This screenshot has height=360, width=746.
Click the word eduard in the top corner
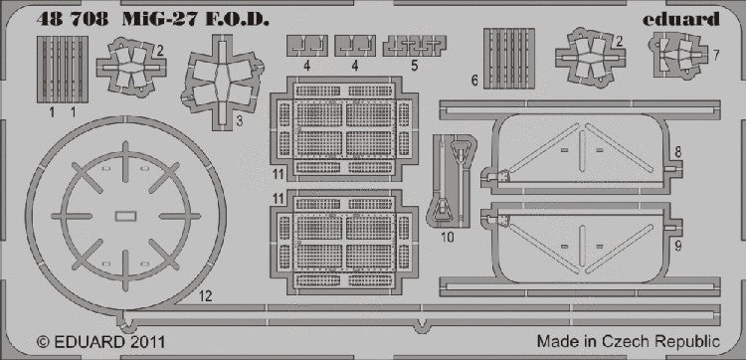[680, 19]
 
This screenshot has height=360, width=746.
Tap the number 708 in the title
[90, 19]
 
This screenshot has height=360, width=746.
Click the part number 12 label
[206, 296]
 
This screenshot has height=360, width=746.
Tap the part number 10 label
[448, 237]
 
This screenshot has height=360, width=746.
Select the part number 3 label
[240, 121]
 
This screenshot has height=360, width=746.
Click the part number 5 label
[415, 66]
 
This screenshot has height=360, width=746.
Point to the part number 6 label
[474, 81]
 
